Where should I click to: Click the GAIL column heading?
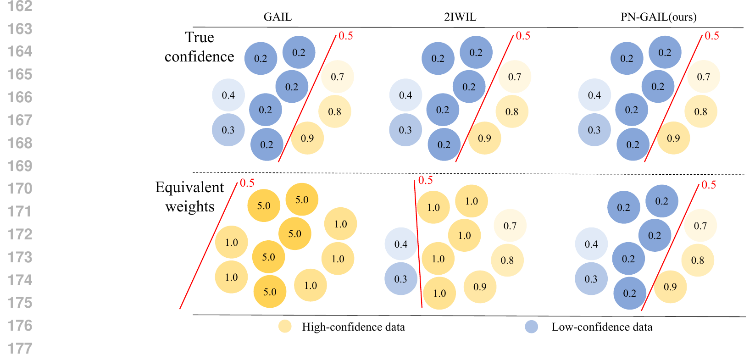click(278, 17)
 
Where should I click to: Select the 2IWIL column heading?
click(460, 17)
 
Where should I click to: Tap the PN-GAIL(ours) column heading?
click(658, 17)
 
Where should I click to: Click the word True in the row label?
click(200, 38)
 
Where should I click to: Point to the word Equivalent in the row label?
click(189, 187)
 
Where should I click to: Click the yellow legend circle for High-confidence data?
click(285, 327)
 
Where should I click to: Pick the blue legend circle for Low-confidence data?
click(532, 327)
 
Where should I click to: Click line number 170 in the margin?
click(20, 188)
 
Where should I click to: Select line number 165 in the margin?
click(20, 74)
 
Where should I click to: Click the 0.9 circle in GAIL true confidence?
click(307, 138)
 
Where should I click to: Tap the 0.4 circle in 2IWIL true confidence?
click(405, 95)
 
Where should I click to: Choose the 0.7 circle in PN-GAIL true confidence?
click(704, 77)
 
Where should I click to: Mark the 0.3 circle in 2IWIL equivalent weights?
click(400, 279)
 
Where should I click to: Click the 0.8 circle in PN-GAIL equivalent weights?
click(698, 260)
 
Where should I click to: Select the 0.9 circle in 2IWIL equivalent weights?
click(480, 287)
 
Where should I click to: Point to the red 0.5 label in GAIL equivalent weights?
click(247, 183)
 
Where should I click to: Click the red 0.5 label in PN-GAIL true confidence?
click(712, 36)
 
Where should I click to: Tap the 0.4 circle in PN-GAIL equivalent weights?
click(591, 244)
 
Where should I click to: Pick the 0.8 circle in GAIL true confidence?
click(335, 111)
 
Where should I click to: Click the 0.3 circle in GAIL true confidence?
click(228, 130)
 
